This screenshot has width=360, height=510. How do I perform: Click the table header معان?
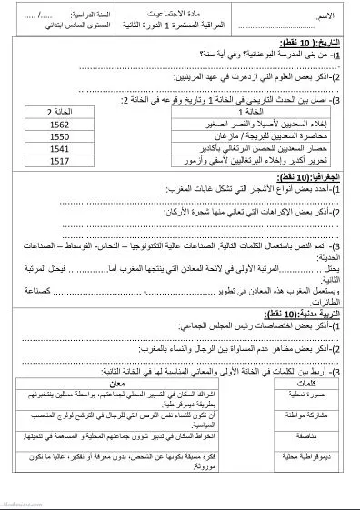[x=151, y=384]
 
